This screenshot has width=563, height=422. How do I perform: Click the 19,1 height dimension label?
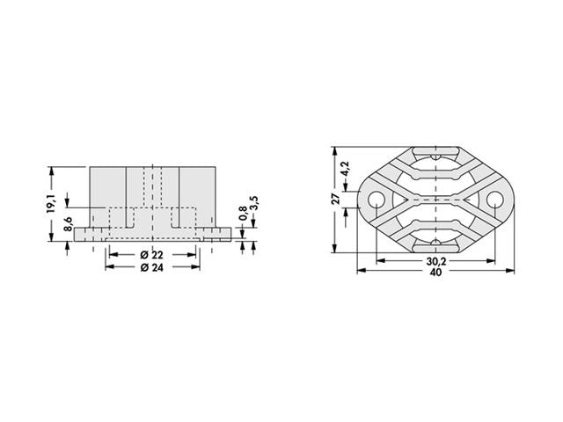52,203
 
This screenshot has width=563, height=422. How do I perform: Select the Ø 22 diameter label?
151,255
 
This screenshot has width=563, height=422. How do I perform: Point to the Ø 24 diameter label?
151,268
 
